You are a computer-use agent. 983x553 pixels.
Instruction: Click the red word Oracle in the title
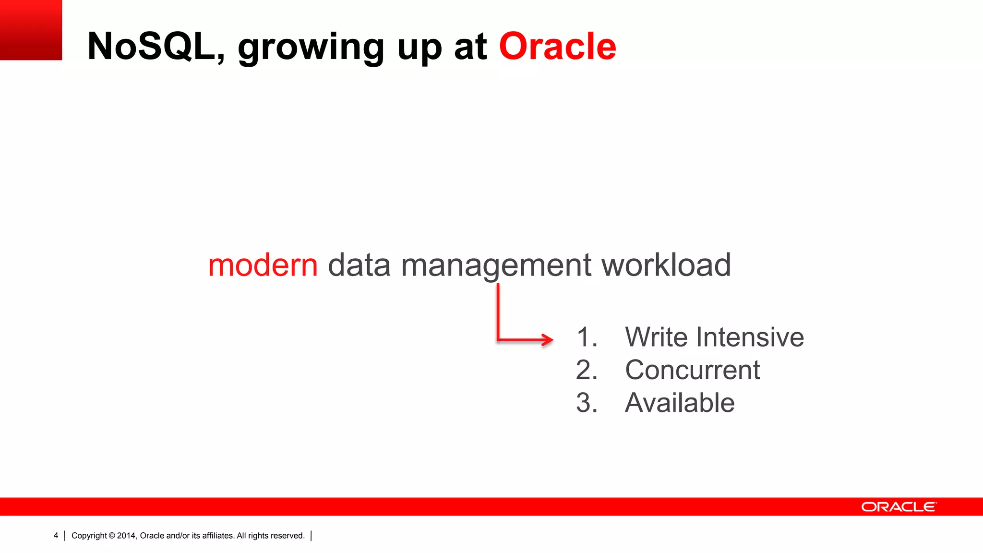coord(557,47)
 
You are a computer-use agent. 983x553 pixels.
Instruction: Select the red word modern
coord(263,265)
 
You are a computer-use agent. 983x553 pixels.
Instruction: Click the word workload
coord(666,265)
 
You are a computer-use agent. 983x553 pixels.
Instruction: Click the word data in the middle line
coord(359,265)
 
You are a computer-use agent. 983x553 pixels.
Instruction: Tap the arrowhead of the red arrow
coord(548,340)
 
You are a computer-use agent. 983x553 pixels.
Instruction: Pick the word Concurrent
coord(692,370)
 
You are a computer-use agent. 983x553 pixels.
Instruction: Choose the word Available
coord(680,403)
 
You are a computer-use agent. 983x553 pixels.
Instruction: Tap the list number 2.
coord(586,370)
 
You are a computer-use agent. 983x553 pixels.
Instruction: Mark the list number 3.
coord(586,403)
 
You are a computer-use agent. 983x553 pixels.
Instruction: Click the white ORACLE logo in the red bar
coord(899,507)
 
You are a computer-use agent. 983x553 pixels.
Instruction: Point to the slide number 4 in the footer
coord(56,536)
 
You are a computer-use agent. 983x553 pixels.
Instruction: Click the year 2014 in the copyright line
coord(126,536)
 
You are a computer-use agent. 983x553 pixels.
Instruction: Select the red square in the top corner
coord(31,30)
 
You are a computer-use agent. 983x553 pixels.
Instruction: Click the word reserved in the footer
coord(288,536)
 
